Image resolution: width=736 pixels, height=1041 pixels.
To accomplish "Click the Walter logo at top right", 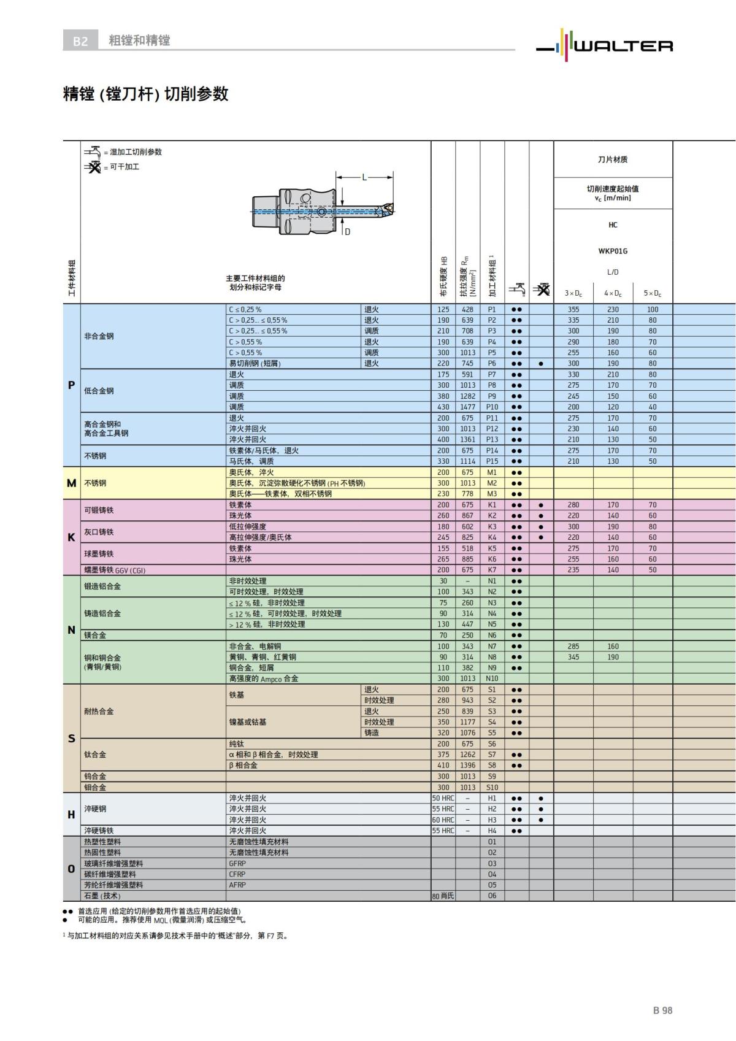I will tap(604, 43).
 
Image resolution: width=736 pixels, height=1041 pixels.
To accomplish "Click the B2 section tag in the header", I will tap(80, 41).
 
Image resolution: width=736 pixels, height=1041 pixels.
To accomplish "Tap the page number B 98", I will tap(662, 1010).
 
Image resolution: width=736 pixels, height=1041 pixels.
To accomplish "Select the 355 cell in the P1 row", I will tap(573, 310).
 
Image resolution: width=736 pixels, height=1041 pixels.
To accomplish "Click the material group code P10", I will tap(492, 407).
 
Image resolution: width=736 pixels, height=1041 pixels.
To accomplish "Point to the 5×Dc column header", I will tap(653, 293).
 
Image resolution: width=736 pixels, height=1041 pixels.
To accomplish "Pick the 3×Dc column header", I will tap(573, 293).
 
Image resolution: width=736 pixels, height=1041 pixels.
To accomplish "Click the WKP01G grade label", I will tap(613, 251).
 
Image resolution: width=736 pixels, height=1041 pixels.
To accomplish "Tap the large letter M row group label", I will tap(71, 483).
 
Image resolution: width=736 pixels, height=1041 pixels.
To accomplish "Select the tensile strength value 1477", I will tap(467, 407).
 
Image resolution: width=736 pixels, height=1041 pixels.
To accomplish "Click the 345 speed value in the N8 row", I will tap(573, 657).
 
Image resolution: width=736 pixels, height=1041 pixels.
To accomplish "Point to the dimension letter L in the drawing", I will tap(364, 177).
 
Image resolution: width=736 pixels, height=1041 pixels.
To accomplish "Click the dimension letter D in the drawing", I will tap(348, 232).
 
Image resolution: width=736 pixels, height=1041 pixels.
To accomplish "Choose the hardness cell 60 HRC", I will tap(443, 820).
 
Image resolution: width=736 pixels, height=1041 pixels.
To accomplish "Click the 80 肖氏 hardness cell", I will tap(443, 896).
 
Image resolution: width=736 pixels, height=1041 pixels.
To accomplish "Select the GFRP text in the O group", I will tap(237, 863).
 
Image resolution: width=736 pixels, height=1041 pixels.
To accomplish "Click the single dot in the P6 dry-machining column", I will tap(541, 363).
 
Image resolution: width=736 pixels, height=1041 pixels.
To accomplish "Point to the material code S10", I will tap(492, 787).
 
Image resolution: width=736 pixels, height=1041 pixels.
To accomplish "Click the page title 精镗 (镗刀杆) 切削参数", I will tap(146, 94).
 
